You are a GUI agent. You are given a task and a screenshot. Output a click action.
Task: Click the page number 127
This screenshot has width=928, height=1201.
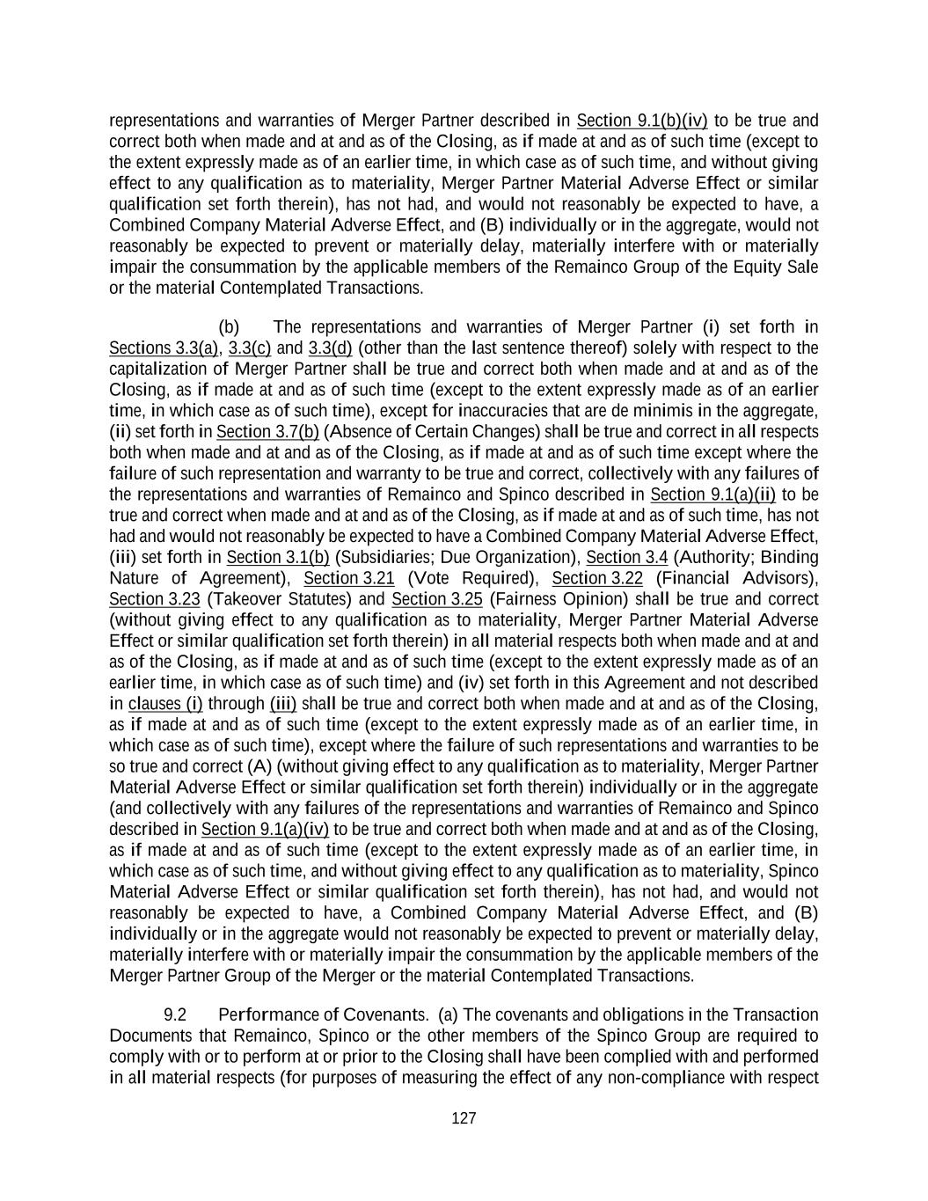(x=464, y=1118)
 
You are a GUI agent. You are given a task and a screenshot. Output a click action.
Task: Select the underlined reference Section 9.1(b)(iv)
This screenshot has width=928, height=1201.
(x=642, y=121)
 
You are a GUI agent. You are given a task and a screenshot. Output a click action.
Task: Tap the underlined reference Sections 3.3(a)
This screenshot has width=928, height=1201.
(x=164, y=348)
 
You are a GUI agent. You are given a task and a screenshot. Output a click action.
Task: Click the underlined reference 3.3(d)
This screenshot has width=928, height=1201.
(x=330, y=348)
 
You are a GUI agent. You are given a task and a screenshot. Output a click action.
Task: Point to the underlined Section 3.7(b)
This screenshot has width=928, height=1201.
(x=267, y=432)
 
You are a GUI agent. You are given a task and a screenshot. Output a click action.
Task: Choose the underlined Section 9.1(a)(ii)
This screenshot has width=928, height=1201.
(x=712, y=494)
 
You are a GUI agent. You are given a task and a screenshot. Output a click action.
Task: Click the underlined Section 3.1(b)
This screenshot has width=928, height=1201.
(x=278, y=558)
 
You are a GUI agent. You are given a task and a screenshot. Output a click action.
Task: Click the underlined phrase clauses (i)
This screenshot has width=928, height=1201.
(x=165, y=704)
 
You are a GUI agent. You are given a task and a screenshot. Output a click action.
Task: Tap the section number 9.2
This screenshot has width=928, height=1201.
(x=175, y=1015)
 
